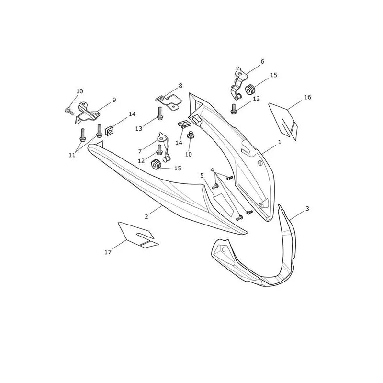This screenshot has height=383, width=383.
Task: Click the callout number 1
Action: [280, 142]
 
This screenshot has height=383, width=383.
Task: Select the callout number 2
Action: [146, 217]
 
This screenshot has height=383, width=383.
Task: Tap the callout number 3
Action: [307, 209]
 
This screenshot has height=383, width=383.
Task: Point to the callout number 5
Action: [202, 175]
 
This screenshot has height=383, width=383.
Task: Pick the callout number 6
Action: [262, 61]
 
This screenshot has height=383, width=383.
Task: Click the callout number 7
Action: [140, 151]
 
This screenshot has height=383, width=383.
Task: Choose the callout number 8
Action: [180, 86]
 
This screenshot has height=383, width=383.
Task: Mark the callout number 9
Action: [114, 100]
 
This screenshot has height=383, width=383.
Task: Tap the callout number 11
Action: [72, 155]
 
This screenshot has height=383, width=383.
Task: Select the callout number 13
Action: [139, 129]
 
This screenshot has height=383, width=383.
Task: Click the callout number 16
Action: [308, 97]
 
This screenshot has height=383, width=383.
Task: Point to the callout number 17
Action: [108, 252]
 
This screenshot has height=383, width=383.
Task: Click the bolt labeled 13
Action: [160, 113]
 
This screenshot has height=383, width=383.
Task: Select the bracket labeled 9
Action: [87, 113]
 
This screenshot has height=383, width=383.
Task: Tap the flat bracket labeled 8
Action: [169, 103]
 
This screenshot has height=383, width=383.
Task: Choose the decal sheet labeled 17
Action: [137, 235]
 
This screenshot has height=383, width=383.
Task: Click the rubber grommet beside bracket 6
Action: [250, 89]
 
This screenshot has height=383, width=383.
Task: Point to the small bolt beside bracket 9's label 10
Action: [69, 111]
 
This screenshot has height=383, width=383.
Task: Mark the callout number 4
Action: [212, 170]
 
